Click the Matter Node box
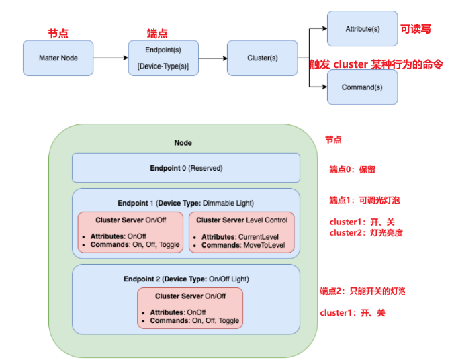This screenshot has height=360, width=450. (58, 58)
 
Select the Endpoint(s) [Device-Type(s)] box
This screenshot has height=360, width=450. (163, 58)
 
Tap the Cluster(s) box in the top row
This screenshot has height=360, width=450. (262, 58)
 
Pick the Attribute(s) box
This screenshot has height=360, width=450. (362, 29)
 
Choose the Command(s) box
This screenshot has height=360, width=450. (362, 87)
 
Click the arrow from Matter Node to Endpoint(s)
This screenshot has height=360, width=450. (111, 58)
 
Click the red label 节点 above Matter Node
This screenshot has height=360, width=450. (58, 33)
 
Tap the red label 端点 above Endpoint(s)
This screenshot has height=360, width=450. (157, 33)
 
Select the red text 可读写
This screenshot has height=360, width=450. (416, 29)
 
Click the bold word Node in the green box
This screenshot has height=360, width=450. (183, 143)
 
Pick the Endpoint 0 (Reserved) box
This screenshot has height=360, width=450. (186, 168)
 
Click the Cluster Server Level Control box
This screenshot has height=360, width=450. (242, 232)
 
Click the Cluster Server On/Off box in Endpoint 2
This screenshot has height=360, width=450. (190, 308)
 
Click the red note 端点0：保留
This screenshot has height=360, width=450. (353, 169)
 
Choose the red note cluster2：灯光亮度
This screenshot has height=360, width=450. (366, 232)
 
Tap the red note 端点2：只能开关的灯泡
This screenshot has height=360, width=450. (363, 291)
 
